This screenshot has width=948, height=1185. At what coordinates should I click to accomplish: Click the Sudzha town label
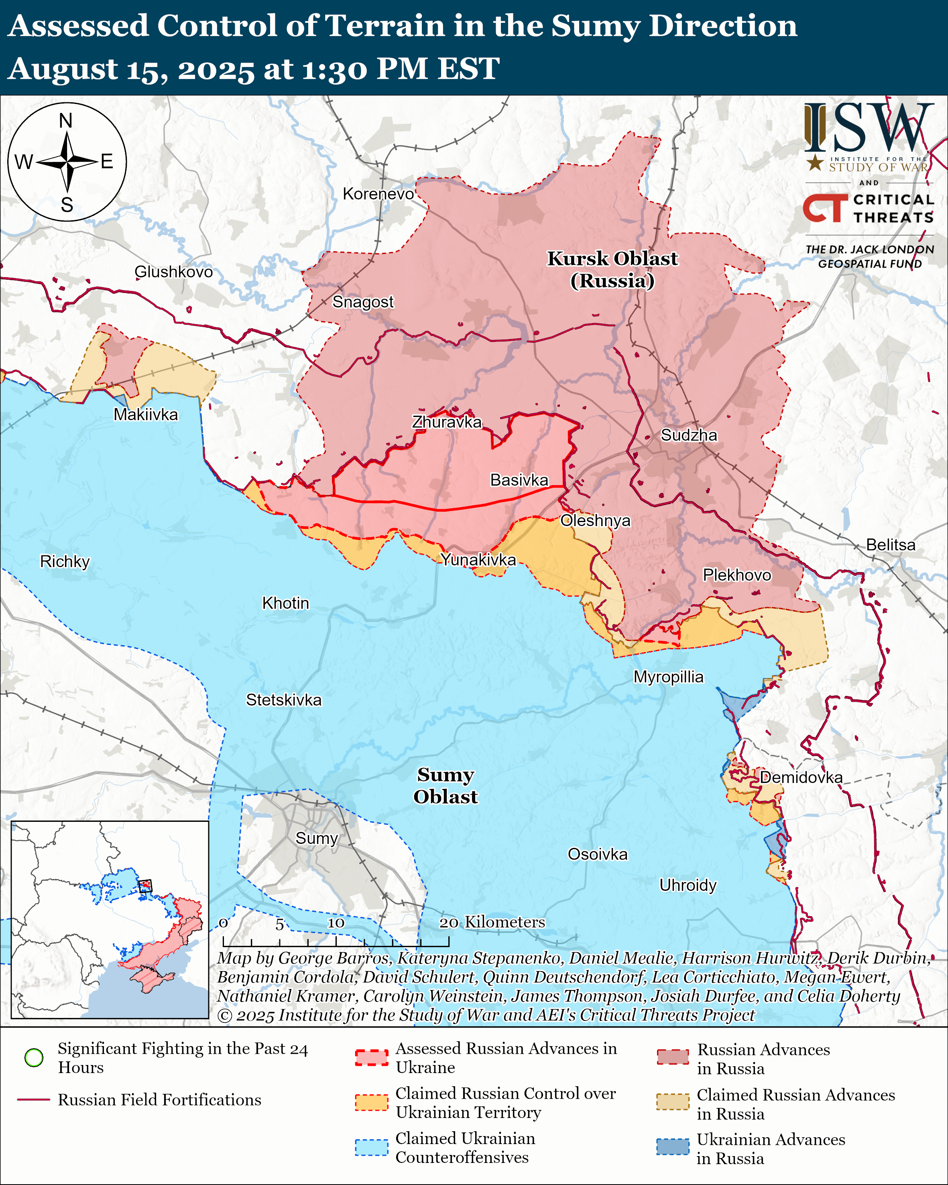pyautogui.click(x=689, y=435)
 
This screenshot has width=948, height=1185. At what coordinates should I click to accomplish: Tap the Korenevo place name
pyautogui.click(x=378, y=194)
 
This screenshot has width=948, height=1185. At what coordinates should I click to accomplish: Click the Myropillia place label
pyautogui.click(x=668, y=677)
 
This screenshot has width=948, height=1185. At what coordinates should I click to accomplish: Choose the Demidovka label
pyautogui.click(x=801, y=777)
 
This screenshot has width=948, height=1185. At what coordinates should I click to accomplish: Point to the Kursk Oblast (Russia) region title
pyautogui.click(x=612, y=269)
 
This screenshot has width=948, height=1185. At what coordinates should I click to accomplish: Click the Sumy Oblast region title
pyautogui.click(x=445, y=785)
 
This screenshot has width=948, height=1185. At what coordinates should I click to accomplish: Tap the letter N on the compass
pyautogui.click(x=66, y=121)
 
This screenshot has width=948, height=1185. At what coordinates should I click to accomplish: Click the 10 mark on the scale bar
pyautogui.click(x=336, y=923)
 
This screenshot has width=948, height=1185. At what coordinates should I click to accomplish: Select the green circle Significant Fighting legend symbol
pyautogui.click(x=34, y=1057)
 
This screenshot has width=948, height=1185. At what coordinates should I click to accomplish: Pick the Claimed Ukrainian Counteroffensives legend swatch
pyautogui.click(x=372, y=1148)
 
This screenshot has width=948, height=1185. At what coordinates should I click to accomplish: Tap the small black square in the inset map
pyautogui.click(x=145, y=886)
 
